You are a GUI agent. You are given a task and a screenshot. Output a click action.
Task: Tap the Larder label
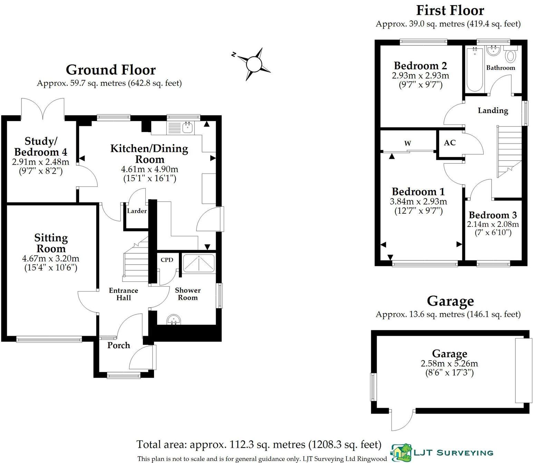(x=137, y=211)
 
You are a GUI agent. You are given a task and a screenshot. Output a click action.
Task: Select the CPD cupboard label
(x=167, y=260)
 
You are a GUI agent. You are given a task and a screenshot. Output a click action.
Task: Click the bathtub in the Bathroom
(x=475, y=69)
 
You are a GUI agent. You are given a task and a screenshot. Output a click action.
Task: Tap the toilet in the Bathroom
(x=511, y=55)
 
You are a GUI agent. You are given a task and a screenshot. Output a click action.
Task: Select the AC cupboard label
(x=449, y=142)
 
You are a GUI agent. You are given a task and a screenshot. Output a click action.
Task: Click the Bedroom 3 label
(x=493, y=215)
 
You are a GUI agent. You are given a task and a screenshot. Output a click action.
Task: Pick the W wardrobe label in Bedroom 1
(x=408, y=143)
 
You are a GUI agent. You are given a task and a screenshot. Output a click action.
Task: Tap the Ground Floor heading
(x=110, y=70)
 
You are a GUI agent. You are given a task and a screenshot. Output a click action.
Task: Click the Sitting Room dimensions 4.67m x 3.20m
(x=51, y=258)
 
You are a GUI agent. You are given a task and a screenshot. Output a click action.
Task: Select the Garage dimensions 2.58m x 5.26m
(x=449, y=363)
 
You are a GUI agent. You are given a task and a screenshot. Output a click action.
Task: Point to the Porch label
(x=118, y=345)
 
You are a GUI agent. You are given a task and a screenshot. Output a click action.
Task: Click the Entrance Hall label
(x=123, y=294)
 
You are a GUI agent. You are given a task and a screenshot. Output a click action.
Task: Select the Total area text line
(x=259, y=444)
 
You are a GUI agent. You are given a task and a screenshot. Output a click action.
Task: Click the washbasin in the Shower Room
(x=174, y=320)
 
